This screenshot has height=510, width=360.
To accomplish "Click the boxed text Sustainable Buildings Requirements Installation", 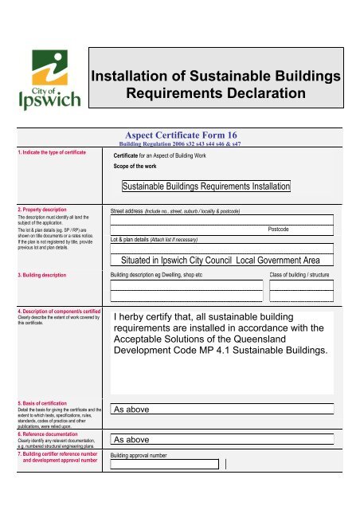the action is (206, 186).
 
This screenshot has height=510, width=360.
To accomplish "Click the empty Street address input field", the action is (221, 220).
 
